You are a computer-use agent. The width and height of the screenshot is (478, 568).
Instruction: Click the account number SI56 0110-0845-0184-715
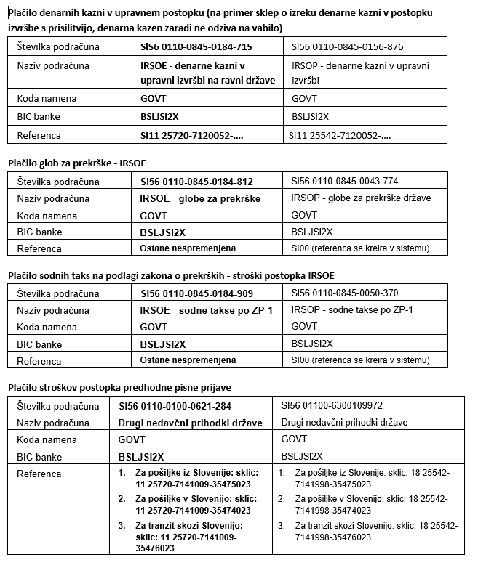196,46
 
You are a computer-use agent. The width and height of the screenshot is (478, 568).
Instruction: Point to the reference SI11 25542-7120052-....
340,134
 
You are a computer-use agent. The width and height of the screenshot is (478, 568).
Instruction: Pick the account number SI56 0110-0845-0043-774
345,181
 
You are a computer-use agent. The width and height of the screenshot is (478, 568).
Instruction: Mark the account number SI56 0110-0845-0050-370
345,293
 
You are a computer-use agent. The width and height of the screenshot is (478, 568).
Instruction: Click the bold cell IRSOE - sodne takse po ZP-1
206,311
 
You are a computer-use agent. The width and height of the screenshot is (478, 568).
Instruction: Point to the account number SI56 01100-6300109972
338,405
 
